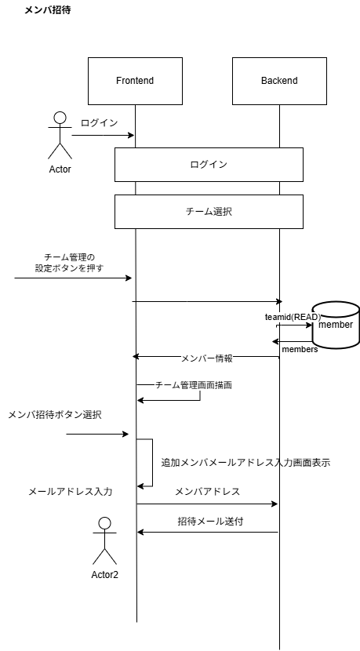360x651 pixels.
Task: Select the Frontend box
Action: (135, 81)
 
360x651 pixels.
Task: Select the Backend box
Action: (279, 81)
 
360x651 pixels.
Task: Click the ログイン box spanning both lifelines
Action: (209, 165)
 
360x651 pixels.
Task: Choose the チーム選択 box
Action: (209, 212)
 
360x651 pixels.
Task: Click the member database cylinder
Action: (336, 323)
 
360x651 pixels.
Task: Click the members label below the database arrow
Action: (300, 349)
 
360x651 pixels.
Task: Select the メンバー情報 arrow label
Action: (206, 358)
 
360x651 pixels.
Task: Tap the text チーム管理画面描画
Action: (194, 385)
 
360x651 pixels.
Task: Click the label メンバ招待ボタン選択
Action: (54, 414)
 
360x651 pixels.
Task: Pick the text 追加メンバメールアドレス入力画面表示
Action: (245, 463)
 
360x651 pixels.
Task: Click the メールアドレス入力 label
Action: (71, 491)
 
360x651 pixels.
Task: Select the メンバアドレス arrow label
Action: (207, 491)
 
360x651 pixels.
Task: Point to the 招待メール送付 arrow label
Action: (205, 520)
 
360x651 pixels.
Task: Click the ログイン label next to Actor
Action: (99, 123)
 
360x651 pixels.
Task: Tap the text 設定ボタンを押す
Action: (69, 267)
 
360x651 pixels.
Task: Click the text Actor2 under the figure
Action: (104, 573)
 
